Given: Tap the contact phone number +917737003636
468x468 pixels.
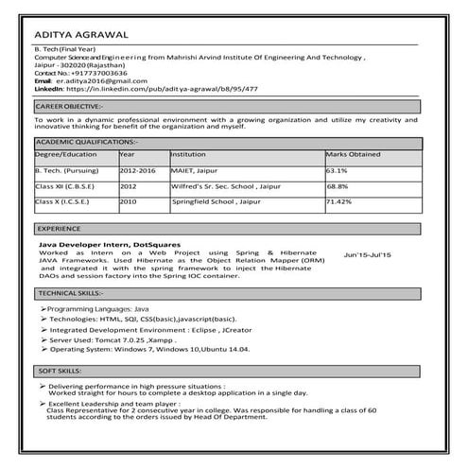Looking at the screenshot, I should (95, 73).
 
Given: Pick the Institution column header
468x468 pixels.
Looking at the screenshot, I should (189, 153).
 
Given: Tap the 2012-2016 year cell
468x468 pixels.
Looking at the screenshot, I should (138, 171).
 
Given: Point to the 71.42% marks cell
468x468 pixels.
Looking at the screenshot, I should (338, 201).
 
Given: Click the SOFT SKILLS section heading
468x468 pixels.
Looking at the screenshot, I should (58, 372).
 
